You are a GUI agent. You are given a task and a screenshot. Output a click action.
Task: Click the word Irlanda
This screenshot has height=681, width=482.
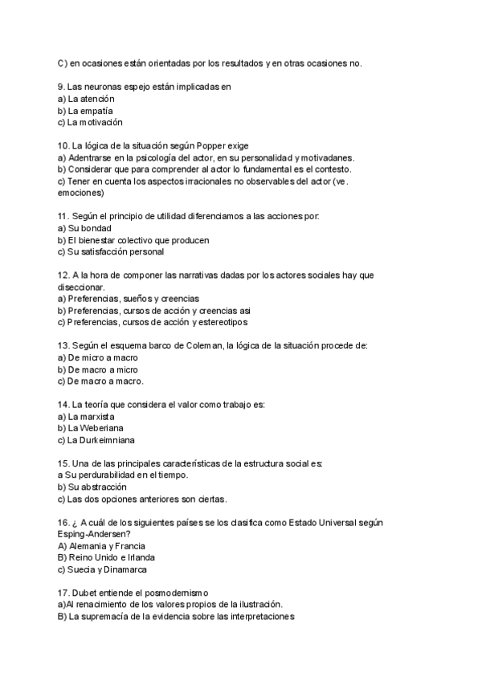pyautogui.click(x=138, y=557)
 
